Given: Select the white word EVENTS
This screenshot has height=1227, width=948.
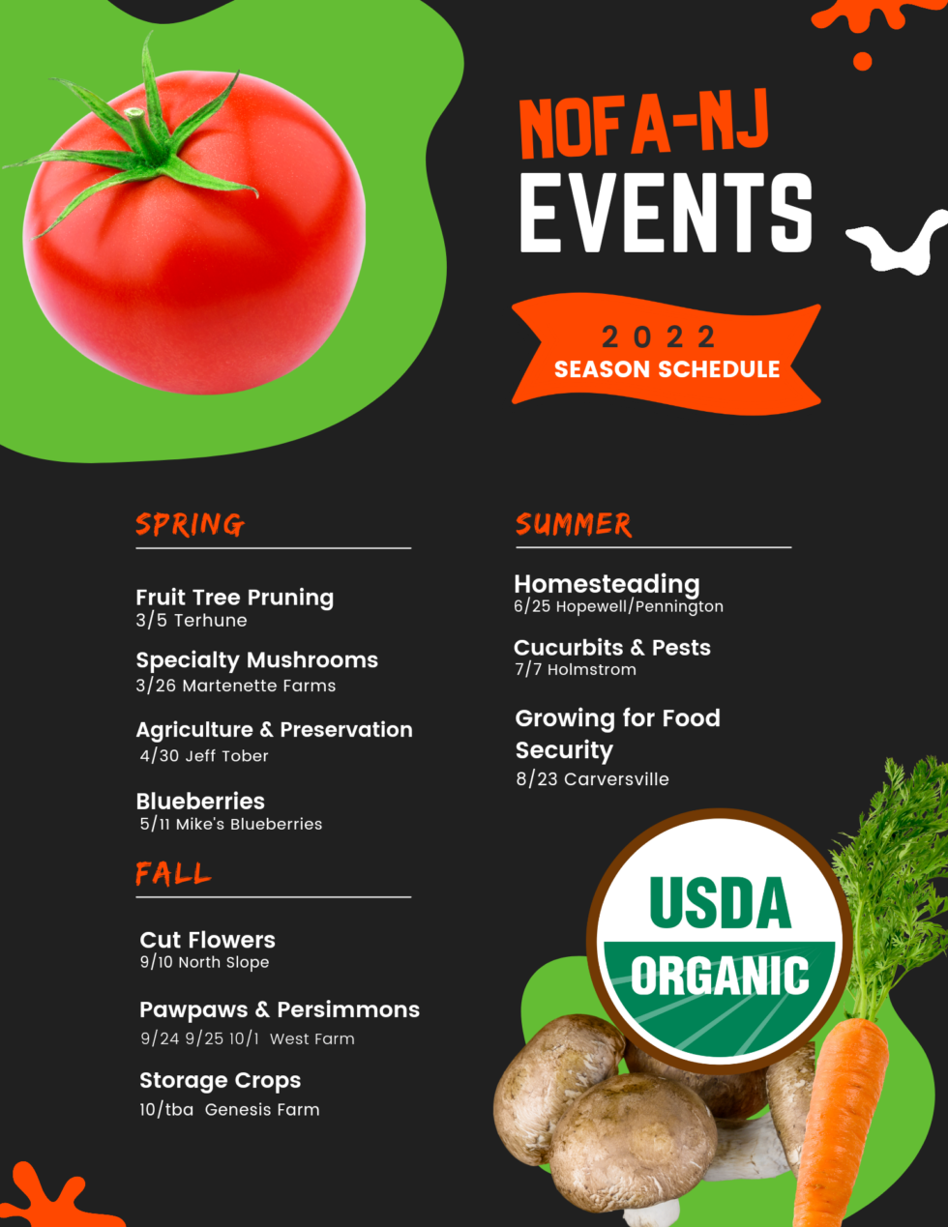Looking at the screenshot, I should coord(666,214).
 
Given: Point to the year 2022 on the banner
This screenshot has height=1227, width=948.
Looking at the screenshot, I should coord(659,336).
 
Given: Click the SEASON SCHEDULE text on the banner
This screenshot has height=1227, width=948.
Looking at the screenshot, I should coord(667,369).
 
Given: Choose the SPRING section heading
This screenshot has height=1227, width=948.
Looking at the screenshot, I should coord(190,524).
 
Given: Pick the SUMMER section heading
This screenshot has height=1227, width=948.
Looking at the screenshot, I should coord(574,524).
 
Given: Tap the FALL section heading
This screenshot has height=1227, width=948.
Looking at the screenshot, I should coord(173,874).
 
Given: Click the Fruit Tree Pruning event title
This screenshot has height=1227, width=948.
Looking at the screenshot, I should coord(234,598).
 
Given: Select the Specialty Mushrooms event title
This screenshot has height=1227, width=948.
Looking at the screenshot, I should coord(256,660).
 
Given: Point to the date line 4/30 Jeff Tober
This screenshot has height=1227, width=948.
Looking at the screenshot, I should coord(204,756).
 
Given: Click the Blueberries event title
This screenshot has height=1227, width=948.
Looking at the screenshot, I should coord(200,802).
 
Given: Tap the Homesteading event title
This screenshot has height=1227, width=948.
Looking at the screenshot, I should coord(607,584).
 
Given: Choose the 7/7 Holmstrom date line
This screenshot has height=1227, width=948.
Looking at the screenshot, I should coord(576,669).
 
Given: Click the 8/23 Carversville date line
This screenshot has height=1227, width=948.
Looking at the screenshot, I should coord(592,779).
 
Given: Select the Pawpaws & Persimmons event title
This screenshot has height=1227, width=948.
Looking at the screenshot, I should coord(280,1009).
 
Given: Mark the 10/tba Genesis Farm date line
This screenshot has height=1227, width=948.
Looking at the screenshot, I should coord(229,1110).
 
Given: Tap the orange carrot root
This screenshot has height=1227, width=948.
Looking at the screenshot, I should coord(837,1122).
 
